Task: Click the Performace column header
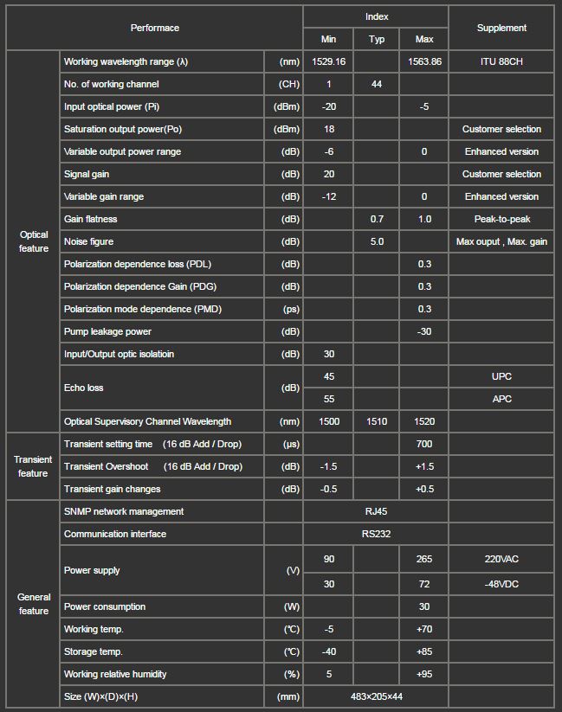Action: (155, 28)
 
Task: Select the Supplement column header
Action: (501, 28)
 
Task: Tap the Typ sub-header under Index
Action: (377, 39)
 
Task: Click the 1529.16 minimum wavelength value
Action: (329, 61)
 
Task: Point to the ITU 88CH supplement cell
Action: (501, 61)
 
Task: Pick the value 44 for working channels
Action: (377, 84)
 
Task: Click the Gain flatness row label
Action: (91, 219)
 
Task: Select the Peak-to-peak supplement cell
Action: (501, 219)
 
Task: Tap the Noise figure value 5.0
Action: (377, 241)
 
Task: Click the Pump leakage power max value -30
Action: (424, 331)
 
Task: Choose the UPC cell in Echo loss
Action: (501, 376)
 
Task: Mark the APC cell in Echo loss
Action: (501, 399)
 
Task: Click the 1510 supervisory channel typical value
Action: (377, 421)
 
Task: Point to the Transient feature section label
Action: (33, 466)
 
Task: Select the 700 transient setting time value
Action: (424, 444)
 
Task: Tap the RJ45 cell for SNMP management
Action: (377, 511)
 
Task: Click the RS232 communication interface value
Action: (377, 534)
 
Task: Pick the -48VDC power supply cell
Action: (501, 584)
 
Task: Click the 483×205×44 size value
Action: (377, 696)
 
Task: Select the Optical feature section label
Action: (34, 241)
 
